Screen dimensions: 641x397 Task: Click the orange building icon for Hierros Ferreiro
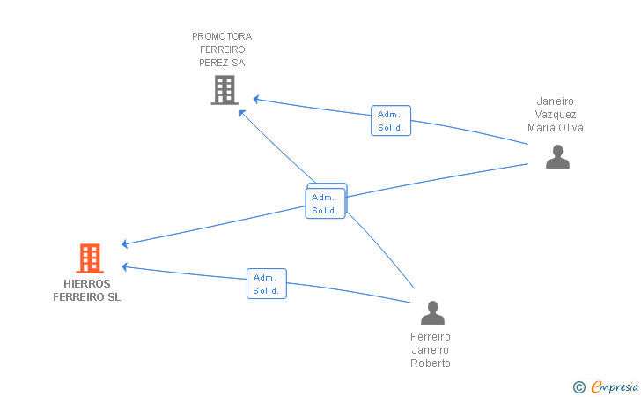click(90, 258)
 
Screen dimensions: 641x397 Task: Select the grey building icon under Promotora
click(225, 90)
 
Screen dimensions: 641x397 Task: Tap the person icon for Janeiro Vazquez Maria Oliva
click(557, 156)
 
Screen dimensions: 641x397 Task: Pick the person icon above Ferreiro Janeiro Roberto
click(432, 312)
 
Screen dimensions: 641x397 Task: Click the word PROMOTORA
click(222, 36)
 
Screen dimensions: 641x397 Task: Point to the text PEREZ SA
click(222, 63)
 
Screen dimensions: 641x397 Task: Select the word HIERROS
click(86, 283)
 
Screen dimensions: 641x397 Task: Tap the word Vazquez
click(556, 115)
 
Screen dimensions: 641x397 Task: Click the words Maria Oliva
click(555, 128)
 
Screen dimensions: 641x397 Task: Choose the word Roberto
click(431, 363)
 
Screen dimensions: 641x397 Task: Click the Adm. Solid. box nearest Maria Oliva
click(391, 121)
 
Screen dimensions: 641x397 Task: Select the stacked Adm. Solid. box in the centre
click(326, 201)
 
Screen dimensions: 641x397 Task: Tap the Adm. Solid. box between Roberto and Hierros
click(267, 283)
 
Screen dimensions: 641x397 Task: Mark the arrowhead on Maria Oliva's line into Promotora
click(256, 99)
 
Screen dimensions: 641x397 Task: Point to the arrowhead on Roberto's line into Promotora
click(242, 113)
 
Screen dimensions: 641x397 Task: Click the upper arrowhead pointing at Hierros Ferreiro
click(125, 244)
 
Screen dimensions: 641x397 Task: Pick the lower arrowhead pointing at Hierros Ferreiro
click(125, 267)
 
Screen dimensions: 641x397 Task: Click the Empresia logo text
click(615, 386)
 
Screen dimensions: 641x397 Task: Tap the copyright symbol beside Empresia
click(578, 387)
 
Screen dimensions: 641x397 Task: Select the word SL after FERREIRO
click(114, 297)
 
